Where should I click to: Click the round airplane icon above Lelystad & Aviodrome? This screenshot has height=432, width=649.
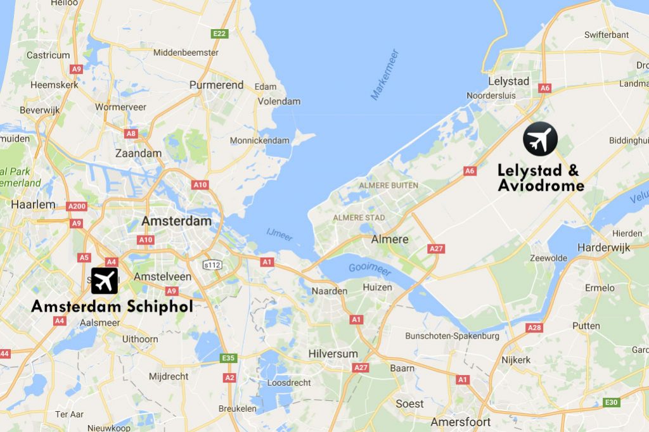[x=540, y=139]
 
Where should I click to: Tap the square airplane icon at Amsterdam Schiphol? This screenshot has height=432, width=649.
[x=105, y=281]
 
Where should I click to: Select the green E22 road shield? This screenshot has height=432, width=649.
[x=220, y=34]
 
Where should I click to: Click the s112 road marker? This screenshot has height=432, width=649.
[x=212, y=264]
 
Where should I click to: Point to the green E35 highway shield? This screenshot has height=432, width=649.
[x=228, y=358]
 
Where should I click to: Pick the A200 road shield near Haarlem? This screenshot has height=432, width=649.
[x=77, y=206]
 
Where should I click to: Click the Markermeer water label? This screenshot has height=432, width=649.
[x=385, y=74]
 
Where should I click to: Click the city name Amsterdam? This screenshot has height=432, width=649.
[x=176, y=221]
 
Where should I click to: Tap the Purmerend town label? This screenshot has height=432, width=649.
[x=216, y=85]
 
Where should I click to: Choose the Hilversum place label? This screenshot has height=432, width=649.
[x=333, y=353]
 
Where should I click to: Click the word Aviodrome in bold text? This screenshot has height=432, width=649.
[x=541, y=186]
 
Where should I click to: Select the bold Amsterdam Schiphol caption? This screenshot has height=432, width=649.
[x=112, y=307]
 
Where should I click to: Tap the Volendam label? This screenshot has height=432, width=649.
[x=280, y=101]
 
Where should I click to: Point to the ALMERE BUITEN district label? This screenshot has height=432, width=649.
[x=389, y=185]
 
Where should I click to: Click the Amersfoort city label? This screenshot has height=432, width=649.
[x=461, y=422]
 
